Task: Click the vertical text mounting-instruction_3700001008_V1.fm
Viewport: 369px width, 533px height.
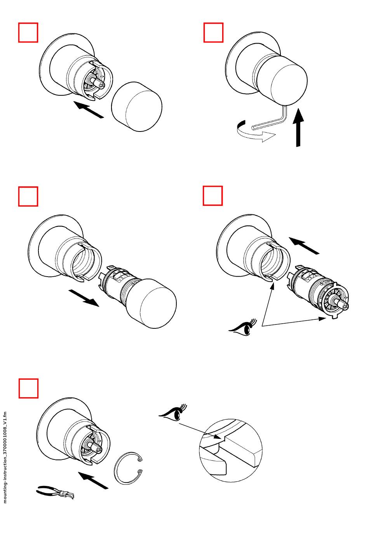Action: pyautogui.click(x=5, y=458)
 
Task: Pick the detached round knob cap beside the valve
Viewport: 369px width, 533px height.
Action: pyautogui.click(x=136, y=106)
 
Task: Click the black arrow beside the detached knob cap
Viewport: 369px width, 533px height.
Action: pyautogui.click(x=89, y=110)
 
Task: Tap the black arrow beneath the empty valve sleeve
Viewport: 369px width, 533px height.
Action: pyautogui.click(x=83, y=298)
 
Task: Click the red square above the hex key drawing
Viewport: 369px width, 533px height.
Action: pyautogui.click(x=214, y=32)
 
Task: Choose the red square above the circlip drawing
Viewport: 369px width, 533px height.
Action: pyautogui.click(x=29, y=388)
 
